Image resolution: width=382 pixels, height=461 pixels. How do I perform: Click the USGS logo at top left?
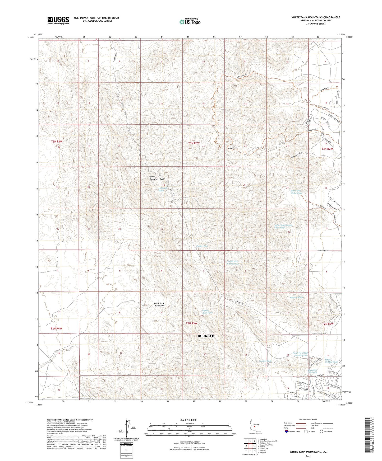pyautogui.click(x=58, y=20)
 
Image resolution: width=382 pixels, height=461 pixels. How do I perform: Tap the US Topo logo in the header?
pyautogui.click(x=190, y=22)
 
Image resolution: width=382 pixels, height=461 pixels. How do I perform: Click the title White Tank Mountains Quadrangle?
pyautogui.click(x=316, y=17)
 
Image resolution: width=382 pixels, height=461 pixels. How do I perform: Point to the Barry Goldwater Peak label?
pyautogui.click(x=157, y=178)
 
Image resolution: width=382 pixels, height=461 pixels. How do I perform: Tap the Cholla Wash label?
pyautogui.click(x=202, y=246)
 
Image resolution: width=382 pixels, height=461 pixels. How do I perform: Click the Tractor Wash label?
pyautogui.click(x=265, y=361)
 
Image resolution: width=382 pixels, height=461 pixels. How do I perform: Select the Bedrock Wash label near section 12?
pyautogui.click(x=296, y=297)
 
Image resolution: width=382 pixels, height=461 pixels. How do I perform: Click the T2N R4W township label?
pyautogui.click(x=56, y=328)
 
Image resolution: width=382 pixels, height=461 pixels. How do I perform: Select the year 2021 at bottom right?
pyautogui.click(x=308, y=455)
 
